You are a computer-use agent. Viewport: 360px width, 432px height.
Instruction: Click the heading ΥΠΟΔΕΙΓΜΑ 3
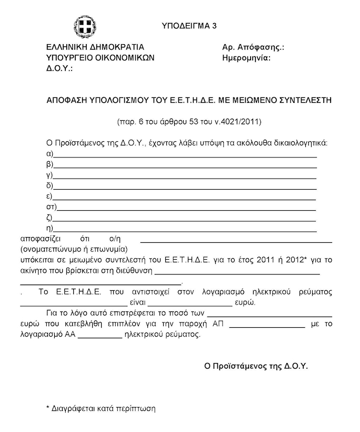(x=189, y=26)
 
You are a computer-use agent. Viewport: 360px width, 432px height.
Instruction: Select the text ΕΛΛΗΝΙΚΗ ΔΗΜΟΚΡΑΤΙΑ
(x=95, y=47)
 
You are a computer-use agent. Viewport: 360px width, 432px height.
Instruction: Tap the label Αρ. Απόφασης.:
(x=254, y=47)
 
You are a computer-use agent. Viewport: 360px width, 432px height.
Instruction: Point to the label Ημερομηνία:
(x=246, y=58)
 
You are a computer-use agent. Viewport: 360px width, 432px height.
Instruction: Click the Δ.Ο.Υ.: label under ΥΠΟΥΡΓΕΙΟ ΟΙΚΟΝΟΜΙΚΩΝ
(x=59, y=68)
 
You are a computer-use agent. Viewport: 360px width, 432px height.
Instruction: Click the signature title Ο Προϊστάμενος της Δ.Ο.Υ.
(x=256, y=365)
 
